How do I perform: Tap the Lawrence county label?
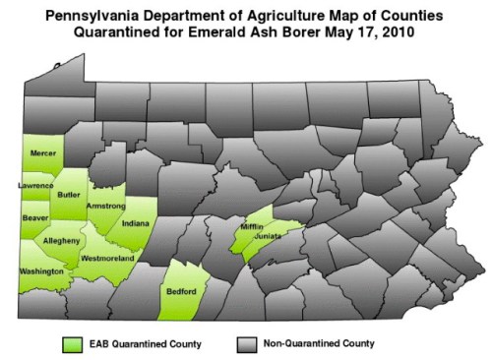coord(35,185)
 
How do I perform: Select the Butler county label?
coord(70,195)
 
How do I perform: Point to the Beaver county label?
coord(35,216)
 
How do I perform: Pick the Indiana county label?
coord(135,224)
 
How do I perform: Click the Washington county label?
coord(40,270)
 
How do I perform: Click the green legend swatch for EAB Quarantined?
coord(72,344)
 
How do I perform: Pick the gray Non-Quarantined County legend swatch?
coord(246,344)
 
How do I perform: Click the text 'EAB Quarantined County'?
coord(144,344)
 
